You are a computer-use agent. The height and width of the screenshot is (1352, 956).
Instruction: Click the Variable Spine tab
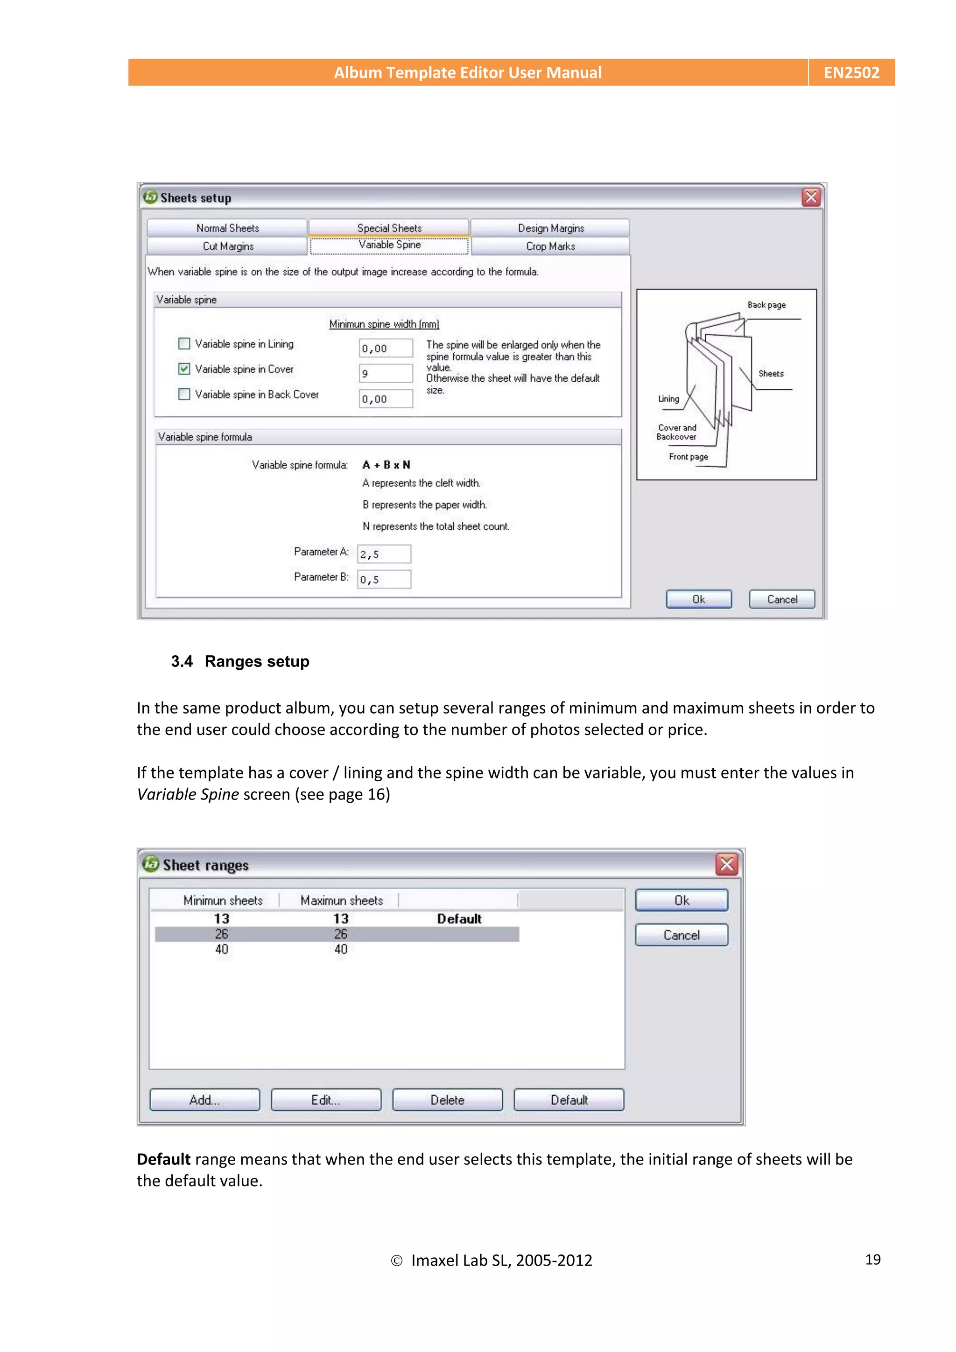(x=389, y=245)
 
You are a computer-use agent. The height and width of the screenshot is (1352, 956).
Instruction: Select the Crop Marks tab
(x=550, y=246)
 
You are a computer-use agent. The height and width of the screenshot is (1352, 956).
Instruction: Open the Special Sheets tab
(x=389, y=228)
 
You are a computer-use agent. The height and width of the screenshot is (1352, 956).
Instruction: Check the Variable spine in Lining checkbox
(x=184, y=343)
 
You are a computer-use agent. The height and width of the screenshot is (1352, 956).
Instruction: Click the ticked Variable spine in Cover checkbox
(x=184, y=369)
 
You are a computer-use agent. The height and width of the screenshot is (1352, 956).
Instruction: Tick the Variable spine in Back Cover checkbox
(x=184, y=394)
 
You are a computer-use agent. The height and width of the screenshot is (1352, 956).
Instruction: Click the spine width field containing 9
(x=386, y=373)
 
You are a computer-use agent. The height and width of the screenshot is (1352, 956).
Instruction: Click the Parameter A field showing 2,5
(x=384, y=554)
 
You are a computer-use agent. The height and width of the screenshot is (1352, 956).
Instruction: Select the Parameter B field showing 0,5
(x=384, y=580)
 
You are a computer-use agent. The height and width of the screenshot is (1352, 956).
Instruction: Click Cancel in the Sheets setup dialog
(x=781, y=599)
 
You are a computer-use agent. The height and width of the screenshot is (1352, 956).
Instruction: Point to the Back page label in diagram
(x=766, y=305)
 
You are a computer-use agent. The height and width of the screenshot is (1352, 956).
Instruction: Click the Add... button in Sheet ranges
(x=204, y=1100)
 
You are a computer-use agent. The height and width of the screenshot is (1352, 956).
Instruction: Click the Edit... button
(x=326, y=1100)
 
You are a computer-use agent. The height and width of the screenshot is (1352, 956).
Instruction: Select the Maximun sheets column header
(x=341, y=900)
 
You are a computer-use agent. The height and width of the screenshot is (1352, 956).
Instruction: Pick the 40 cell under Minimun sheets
(x=221, y=949)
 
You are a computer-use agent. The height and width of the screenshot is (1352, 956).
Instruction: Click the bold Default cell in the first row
(x=459, y=918)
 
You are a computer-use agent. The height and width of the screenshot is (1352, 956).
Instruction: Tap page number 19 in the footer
(x=872, y=1259)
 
